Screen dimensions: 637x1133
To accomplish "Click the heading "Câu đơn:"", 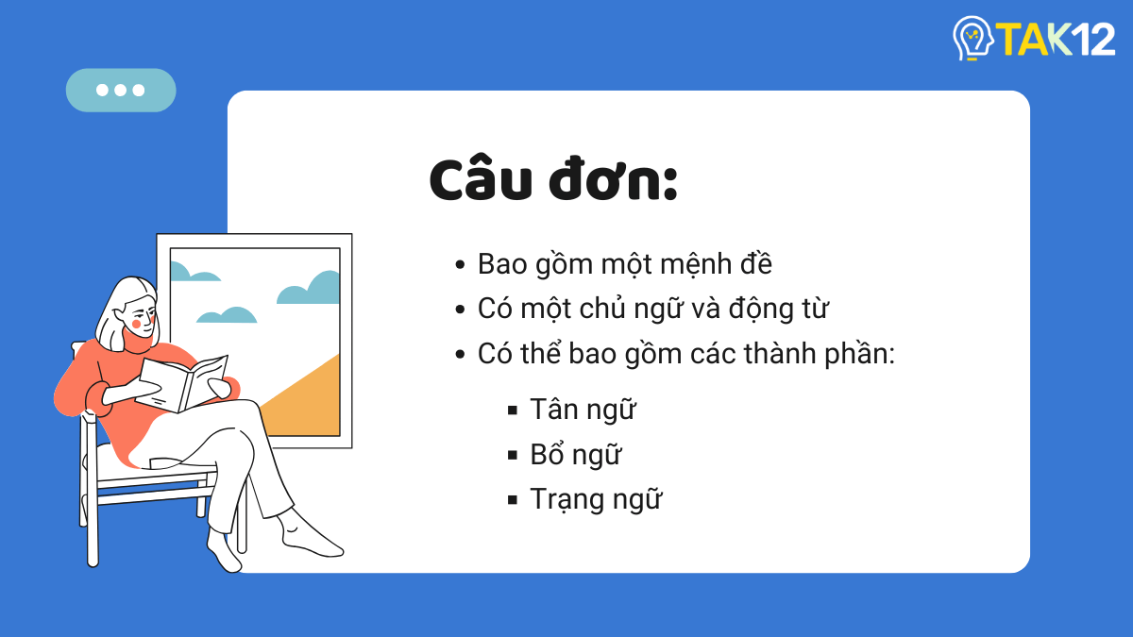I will click(553, 182).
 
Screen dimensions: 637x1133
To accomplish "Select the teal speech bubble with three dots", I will click(121, 91).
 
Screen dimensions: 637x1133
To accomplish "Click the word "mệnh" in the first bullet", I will click(679, 264).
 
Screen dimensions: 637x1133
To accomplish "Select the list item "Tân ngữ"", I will click(583, 410).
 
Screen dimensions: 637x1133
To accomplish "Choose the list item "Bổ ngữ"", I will click(575, 455).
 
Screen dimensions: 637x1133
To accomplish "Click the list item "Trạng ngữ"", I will click(595, 499).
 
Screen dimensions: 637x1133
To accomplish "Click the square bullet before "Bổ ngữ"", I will click(513, 455).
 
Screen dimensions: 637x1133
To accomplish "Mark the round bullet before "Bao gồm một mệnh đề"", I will click(460, 265).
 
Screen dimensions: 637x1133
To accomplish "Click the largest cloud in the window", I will click(311, 289).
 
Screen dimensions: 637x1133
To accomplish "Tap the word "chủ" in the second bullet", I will click(628, 310).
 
